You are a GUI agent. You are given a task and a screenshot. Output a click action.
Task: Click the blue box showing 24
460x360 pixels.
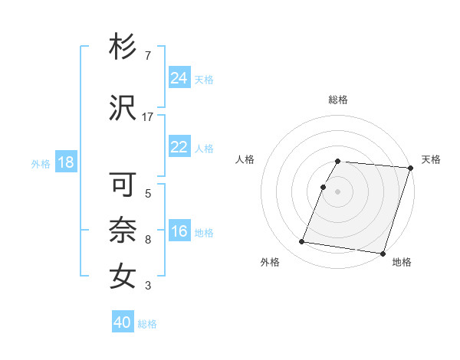pyautogui.click(x=179, y=78)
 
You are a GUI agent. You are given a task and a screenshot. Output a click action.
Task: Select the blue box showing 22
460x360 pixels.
pyautogui.click(x=179, y=147)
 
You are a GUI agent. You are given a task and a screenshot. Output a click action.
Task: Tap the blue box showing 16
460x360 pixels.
pyautogui.click(x=179, y=231)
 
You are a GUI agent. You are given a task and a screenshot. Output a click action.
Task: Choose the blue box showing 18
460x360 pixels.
pyautogui.click(x=65, y=162)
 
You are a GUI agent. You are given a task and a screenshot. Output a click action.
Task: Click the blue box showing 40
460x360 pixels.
pyautogui.click(x=123, y=322)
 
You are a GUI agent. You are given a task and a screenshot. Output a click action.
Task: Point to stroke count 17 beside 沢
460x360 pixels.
pyautogui.click(x=148, y=116)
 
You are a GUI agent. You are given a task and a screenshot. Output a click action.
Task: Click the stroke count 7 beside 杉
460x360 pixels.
pyautogui.click(x=147, y=55)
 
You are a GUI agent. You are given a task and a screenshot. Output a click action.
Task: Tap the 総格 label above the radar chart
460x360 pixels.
pyautogui.click(x=338, y=100)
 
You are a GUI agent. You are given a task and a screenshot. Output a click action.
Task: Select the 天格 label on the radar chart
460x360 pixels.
pyautogui.click(x=431, y=159)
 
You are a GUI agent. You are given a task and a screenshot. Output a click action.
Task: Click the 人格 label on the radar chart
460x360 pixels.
pyautogui.click(x=245, y=159)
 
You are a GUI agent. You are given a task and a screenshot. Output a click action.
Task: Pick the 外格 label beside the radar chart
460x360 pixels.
pyautogui.click(x=270, y=262)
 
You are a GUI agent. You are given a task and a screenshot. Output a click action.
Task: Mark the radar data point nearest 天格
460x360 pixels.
pyautogui.click(x=410, y=168)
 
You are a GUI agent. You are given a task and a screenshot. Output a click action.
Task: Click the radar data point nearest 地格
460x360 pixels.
pyautogui.click(x=383, y=253)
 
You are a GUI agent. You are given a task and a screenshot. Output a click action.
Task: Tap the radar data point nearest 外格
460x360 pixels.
pyautogui.click(x=302, y=242)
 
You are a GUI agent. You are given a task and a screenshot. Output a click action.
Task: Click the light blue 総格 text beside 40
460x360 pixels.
pyautogui.click(x=147, y=324)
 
